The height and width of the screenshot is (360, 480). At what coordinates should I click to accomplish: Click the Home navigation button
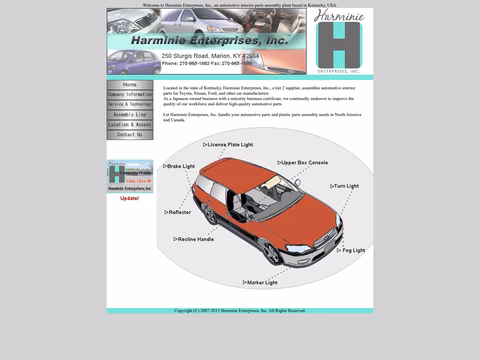130,85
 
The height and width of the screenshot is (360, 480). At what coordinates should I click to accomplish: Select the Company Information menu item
130,94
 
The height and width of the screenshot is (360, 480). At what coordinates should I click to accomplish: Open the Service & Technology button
130,104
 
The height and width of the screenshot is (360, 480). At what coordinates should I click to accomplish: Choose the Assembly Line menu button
130,114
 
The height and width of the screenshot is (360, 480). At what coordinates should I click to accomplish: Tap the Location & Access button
130,124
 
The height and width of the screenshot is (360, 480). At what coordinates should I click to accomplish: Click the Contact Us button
130,134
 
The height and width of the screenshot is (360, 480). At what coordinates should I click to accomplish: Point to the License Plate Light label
229,145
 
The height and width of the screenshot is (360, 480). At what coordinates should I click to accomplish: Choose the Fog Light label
352,250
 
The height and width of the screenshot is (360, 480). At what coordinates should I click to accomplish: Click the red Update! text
130,198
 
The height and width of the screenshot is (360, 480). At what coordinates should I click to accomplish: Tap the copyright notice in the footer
240,310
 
